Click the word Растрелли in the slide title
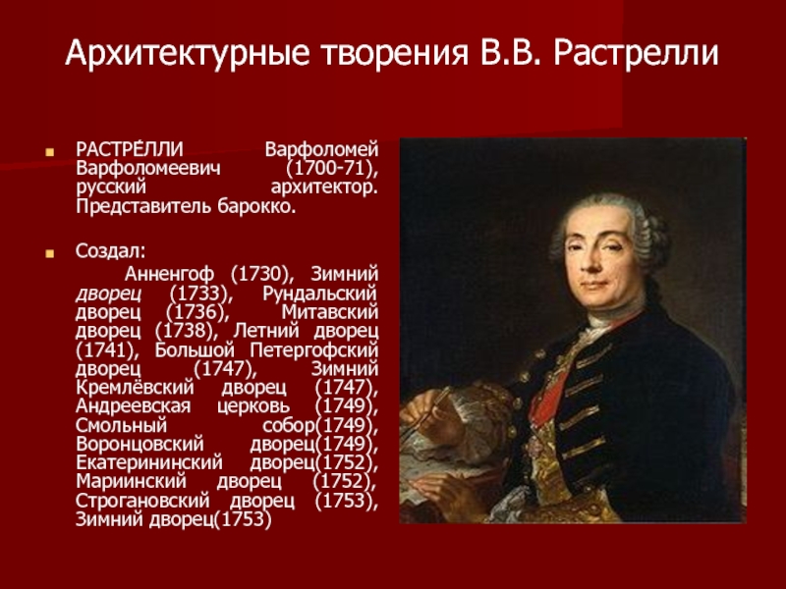pyautogui.click(x=636, y=53)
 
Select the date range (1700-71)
pyautogui.click(x=332, y=168)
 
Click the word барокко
pyautogui.click(x=256, y=206)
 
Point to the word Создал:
pyautogui.click(x=110, y=251)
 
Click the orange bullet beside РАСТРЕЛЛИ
pyautogui.click(x=49, y=152)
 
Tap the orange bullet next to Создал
pyautogui.click(x=49, y=253)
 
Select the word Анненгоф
pyautogui.click(x=169, y=275)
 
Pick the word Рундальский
pyautogui.click(x=320, y=294)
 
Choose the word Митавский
pyautogui.click(x=330, y=312)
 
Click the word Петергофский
pyautogui.click(x=313, y=350)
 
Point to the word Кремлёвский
pyautogui.click(x=135, y=387)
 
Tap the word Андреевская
pyautogui.click(x=133, y=406)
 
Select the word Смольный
pyautogui.click(x=121, y=425)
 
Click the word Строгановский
pyautogui.click(x=142, y=501)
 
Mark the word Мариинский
pyautogui.click(x=131, y=481)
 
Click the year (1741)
pyautogui.click(x=106, y=350)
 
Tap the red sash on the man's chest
pyautogui.click(x=549, y=396)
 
